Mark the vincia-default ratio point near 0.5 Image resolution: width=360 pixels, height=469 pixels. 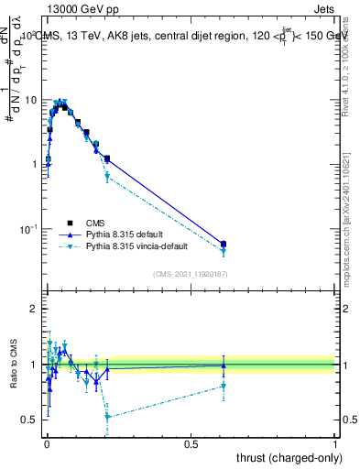click(x=107, y=417)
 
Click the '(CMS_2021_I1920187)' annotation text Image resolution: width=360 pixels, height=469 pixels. click(x=190, y=273)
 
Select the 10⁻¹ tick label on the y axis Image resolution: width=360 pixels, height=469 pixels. click(x=27, y=227)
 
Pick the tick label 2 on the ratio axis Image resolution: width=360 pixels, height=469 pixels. click(x=35, y=310)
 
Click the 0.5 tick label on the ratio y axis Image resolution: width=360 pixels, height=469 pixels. click(x=29, y=420)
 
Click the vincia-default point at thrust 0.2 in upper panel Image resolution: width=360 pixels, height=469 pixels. click(x=107, y=177)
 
